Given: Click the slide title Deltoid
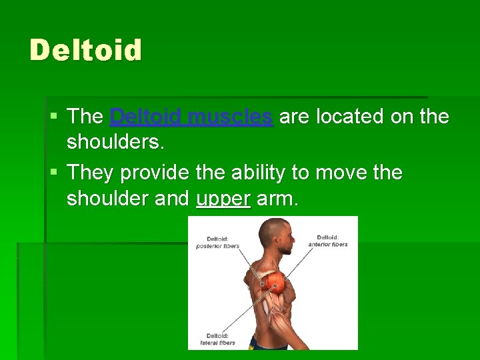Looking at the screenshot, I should click(85, 51).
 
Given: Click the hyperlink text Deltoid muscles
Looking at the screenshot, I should click(191, 117).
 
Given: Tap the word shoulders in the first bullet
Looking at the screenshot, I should click(115, 143).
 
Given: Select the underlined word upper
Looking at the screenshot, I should click(223, 199).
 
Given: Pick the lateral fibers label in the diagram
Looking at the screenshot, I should click(217, 339).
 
